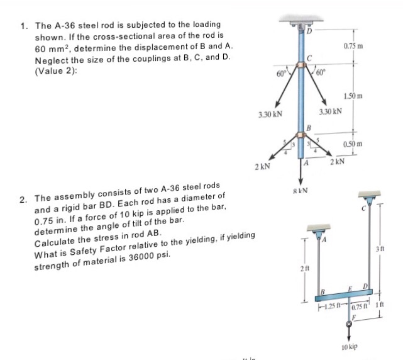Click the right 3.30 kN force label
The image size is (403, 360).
(330, 111)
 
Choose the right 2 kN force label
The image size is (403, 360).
(338, 162)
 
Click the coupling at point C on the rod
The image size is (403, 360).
(303, 65)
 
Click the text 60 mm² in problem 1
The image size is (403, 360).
(51, 48)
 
